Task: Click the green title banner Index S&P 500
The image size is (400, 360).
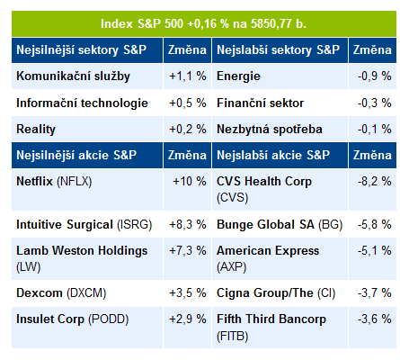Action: click(204, 24)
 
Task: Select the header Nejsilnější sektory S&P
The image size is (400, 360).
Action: click(82, 49)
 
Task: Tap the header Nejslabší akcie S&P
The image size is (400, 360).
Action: click(273, 155)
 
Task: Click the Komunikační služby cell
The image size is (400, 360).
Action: click(73, 76)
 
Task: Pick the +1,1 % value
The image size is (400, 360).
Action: click(188, 76)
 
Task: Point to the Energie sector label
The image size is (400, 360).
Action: click(238, 76)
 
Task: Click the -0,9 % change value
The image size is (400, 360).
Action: click(374, 76)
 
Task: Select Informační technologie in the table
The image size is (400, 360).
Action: click(82, 103)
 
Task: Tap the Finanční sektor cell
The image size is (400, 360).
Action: click(260, 103)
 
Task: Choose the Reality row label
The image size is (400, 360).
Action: click(36, 130)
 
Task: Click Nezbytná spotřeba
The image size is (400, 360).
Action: click(270, 130)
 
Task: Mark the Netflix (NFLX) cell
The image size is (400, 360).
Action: click(54, 182)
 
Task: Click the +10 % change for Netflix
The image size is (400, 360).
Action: click(190, 182)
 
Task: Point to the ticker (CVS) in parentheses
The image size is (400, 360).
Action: click(232, 198)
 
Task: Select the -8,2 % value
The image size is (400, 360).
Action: click(374, 182)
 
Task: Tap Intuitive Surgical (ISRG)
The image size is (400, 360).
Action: click(84, 225)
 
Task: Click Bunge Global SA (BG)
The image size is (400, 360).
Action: click(280, 225)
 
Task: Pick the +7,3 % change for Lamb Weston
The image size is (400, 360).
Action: click(188, 251)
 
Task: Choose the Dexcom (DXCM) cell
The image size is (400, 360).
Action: click(61, 293)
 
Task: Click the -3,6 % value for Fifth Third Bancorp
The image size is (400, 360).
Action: click(374, 319)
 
